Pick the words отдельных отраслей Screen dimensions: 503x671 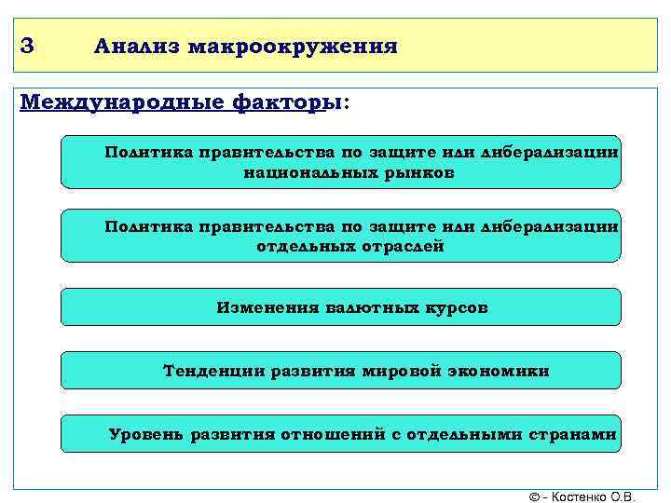point(349,247)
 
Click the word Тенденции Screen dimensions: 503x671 point(213,371)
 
